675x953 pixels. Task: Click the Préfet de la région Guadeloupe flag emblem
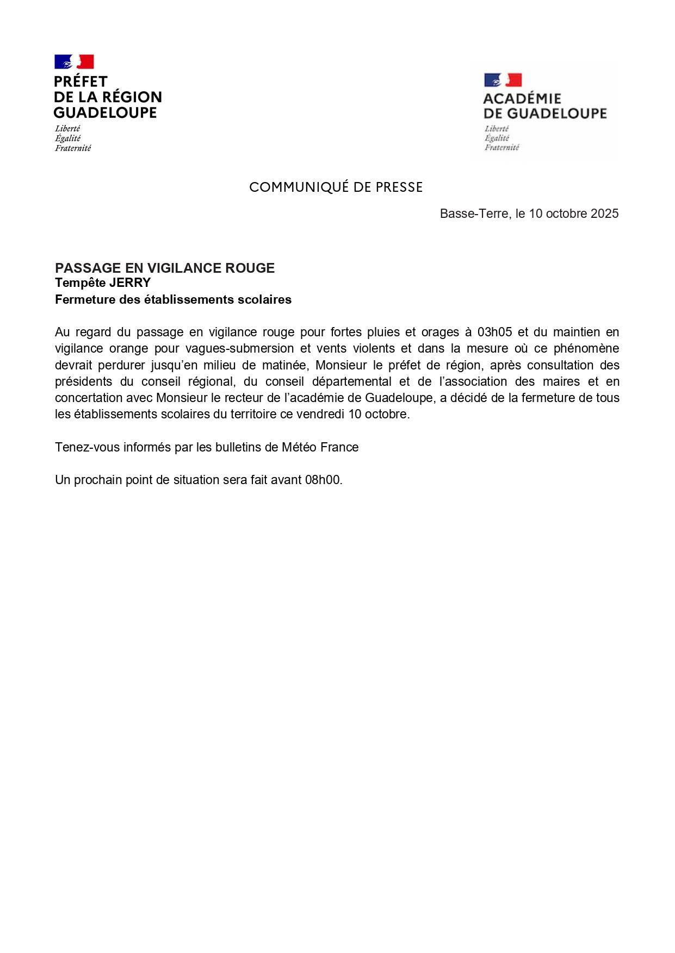74,61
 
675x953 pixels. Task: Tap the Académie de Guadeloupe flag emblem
503,80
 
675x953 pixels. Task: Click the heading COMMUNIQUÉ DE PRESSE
336,187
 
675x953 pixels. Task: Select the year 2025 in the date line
604,214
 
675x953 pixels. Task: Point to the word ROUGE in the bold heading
256,268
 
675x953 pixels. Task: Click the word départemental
352,381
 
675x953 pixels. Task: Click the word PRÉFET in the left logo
80,81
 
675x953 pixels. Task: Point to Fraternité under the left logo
73,148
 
